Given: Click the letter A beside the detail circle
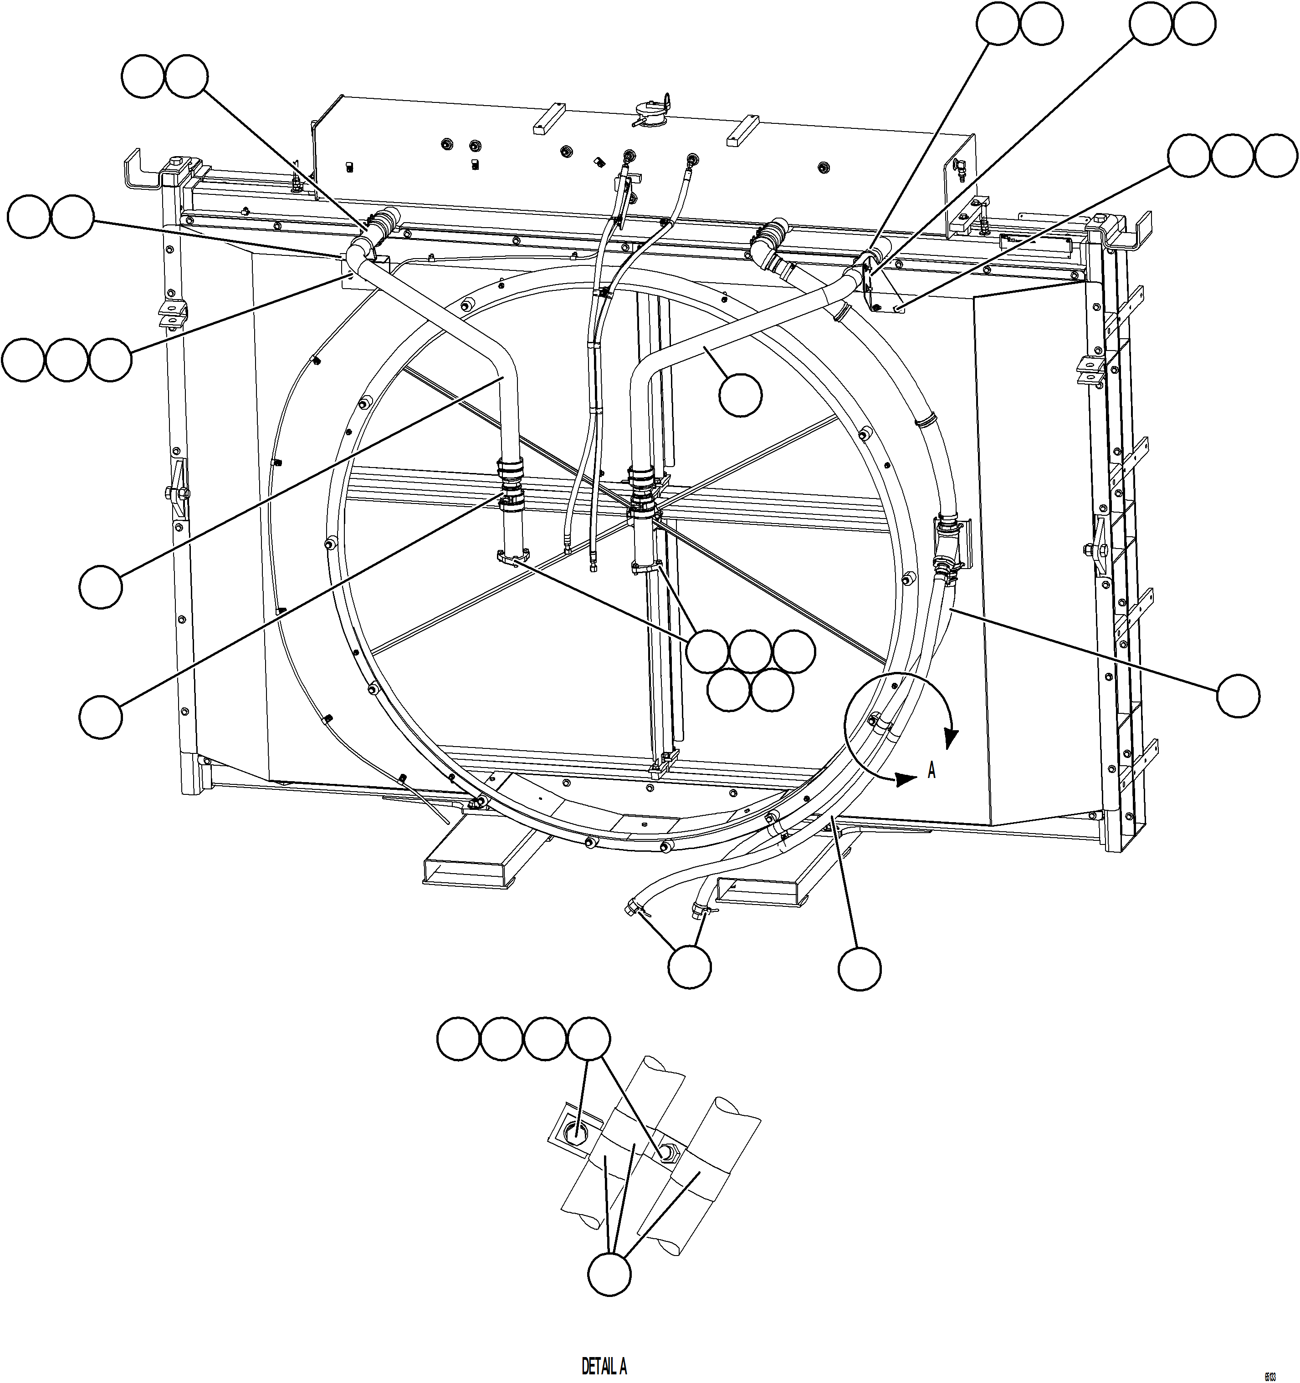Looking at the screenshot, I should (x=931, y=770).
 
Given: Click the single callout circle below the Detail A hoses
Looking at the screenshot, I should (x=609, y=1274).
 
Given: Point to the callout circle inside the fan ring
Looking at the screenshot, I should (x=740, y=394).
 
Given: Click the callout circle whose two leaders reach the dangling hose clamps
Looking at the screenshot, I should (x=689, y=965).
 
